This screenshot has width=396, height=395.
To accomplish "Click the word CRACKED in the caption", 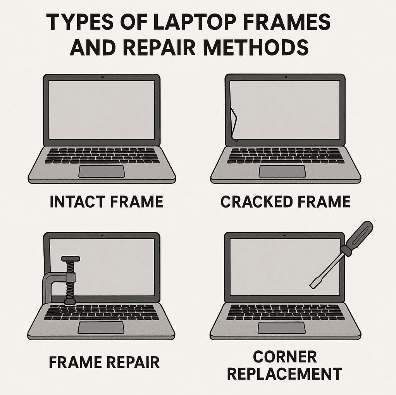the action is coord(257,201).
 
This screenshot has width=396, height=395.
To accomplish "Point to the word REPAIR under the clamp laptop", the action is coord(133,362).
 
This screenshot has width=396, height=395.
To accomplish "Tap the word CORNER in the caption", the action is coord(285,357).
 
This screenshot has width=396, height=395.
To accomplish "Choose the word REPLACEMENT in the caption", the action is coord(285,374).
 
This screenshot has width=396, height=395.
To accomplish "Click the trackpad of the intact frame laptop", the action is coord(102,172).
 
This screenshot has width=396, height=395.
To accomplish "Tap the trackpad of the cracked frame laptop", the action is coord(282,172).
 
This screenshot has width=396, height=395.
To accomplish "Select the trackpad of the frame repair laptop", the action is coord(101,328).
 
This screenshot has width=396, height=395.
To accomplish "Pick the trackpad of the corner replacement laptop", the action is coord(282,328).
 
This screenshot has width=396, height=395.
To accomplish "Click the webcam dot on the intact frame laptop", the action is coord(102,77).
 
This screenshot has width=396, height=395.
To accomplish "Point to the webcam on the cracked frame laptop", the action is coord(286,77).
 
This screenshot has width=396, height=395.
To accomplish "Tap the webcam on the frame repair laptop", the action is coord(102,236).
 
